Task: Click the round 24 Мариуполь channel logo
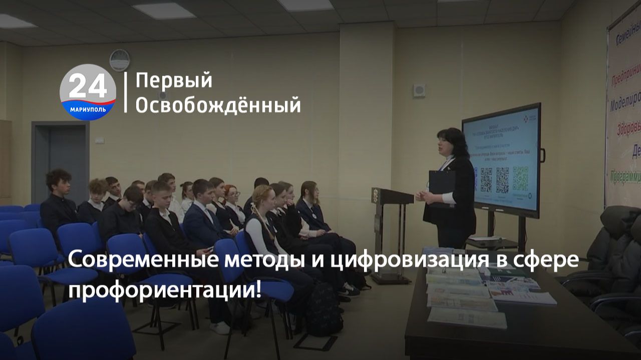click(x=88, y=92)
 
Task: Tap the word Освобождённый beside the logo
click(x=218, y=105)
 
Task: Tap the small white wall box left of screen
click(x=419, y=90)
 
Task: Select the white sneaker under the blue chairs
click(x=220, y=327)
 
